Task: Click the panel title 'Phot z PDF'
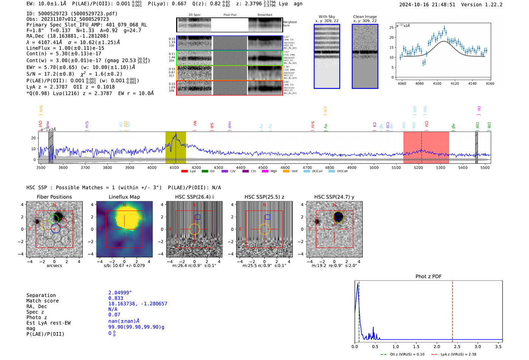point(428,277)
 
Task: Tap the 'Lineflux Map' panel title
point(124,197)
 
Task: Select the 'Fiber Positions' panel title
point(54,197)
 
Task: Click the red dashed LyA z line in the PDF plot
point(452,310)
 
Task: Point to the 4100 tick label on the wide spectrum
point(174,168)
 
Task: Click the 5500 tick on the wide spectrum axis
point(485,168)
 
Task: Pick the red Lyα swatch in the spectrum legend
point(184,172)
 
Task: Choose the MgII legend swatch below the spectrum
point(265,172)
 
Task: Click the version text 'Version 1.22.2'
point(482,5)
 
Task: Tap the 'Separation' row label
point(41,295)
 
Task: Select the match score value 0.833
point(116,298)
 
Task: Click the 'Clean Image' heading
point(365,17)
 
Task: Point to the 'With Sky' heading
point(326,17)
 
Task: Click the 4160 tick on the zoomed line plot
point(490,83)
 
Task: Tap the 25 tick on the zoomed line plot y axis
point(391,28)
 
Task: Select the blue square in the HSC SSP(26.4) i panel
point(197,217)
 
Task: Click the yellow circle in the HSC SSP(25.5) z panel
point(264,229)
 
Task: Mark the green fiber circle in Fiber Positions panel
point(54,219)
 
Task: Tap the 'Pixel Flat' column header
point(230,15)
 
